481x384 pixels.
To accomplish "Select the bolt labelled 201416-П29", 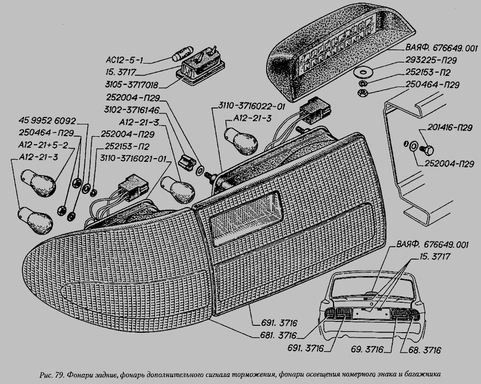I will (426, 147).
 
